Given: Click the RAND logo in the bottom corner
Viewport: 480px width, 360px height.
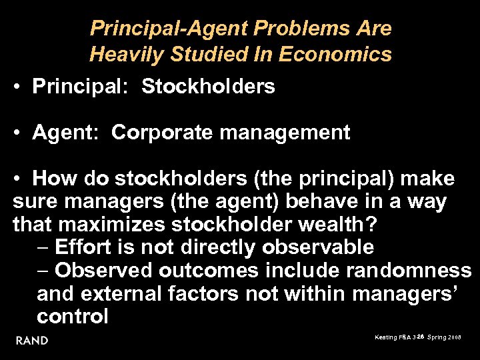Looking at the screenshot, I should (32, 341).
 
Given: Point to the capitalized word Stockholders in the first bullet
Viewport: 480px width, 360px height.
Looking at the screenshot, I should (208, 87).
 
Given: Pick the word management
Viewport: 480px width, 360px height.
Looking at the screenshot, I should (285, 133).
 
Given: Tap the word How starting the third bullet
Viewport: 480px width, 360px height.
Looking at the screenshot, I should (51, 179).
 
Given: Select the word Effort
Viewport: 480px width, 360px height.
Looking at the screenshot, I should (83, 247).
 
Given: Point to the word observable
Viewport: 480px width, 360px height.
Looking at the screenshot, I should (318, 247).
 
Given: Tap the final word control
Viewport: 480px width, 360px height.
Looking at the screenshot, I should (73, 316).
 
